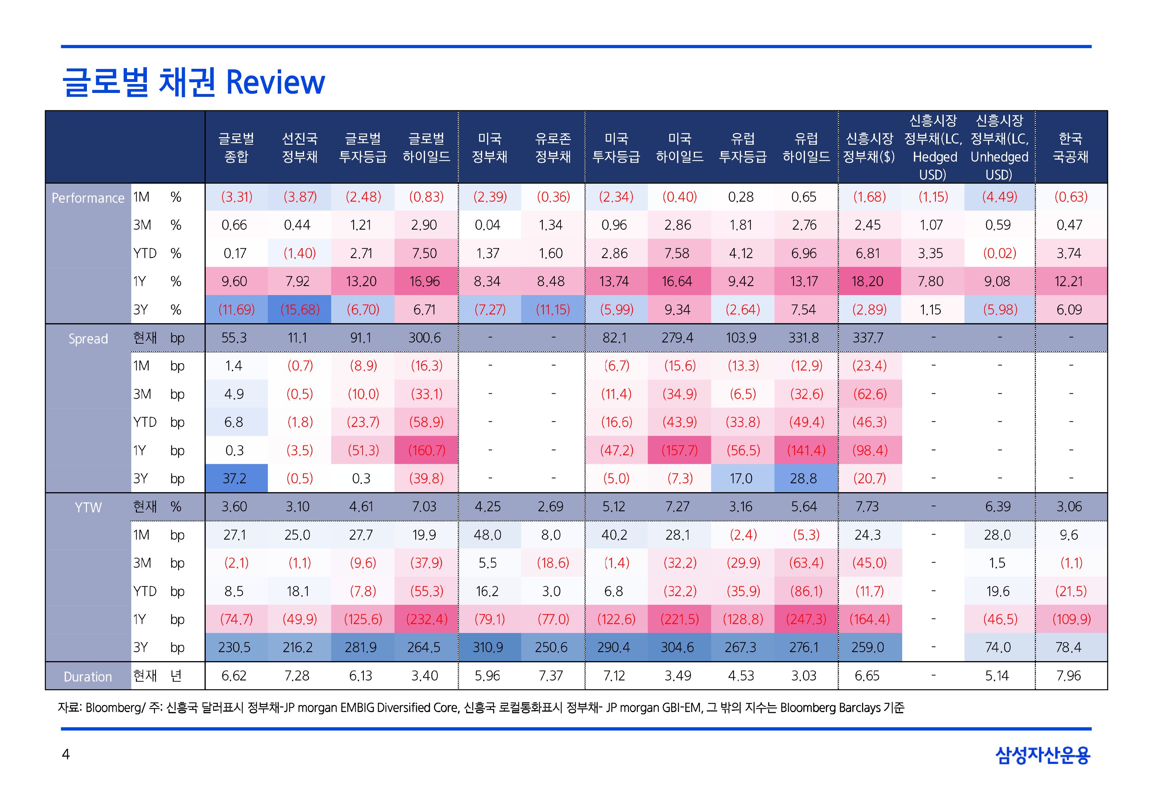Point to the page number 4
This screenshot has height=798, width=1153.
click(x=66, y=754)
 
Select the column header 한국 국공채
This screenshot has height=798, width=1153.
click(x=1070, y=148)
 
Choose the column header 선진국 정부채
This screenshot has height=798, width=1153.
click(x=299, y=148)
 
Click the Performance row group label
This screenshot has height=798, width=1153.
click(x=88, y=198)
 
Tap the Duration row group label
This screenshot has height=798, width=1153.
click(x=88, y=676)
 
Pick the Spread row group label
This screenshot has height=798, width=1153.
click(x=88, y=339)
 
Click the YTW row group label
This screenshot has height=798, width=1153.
click(x=88, y=508)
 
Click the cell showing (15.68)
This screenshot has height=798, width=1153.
click(x=299, y=310)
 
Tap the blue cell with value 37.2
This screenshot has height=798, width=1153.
click(x=235, y=478)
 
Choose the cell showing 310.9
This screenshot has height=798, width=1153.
click(x=488, y=648)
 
